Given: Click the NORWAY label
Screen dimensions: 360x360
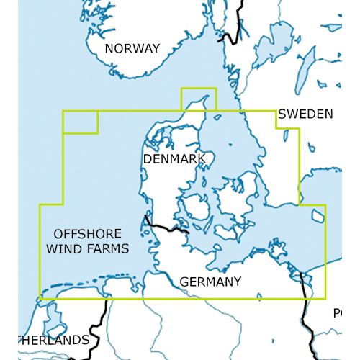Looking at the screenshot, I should click(x=132, y=49).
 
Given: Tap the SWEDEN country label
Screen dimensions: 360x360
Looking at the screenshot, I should click(x=305, y=114).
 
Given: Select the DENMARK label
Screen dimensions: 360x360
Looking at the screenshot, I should click(x=174, y=158).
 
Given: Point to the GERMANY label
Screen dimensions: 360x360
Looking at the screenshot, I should click(x=210, y=282).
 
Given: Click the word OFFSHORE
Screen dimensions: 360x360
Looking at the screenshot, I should click(x=88, y=235).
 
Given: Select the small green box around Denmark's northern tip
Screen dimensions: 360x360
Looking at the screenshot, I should click(x=198, y=99).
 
